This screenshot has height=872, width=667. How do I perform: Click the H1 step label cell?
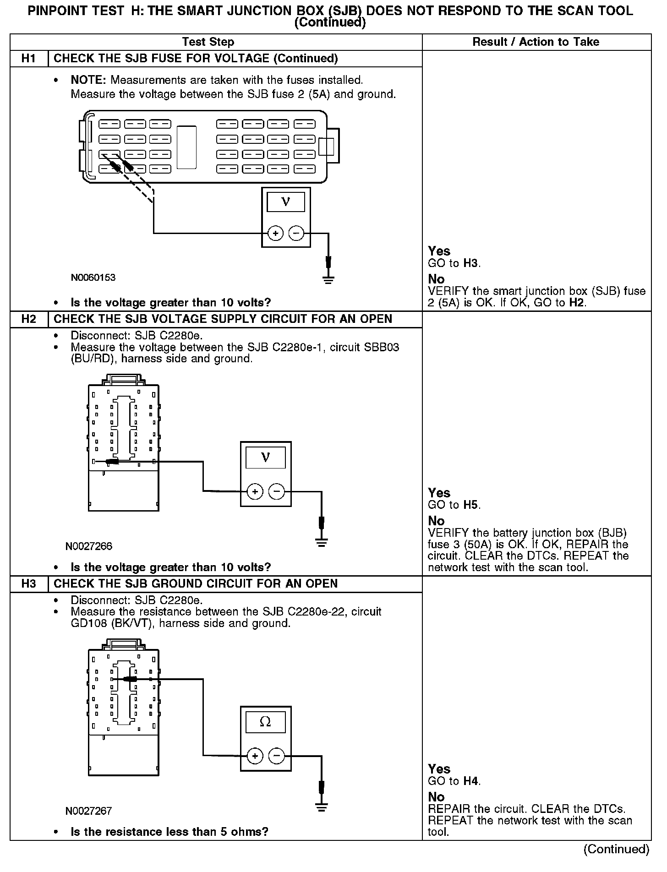click(28, 59)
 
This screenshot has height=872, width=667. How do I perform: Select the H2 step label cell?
click(28, 319)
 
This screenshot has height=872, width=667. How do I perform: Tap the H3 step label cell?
click(28, 583)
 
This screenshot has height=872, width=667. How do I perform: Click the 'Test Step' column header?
click(208, 42)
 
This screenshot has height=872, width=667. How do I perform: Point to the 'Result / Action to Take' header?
click(536, 42)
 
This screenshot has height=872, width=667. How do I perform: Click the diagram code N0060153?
click(93, 278)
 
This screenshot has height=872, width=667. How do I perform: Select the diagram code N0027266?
click(88, 546)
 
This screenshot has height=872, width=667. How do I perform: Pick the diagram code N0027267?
click(88, 811)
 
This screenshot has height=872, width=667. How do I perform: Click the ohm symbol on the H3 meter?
click(265, 722)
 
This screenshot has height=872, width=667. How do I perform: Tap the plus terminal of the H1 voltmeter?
click(275, 234)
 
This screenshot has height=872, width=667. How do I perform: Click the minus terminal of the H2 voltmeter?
click(276, 492)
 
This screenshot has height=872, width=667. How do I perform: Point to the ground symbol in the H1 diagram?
click(328, 279)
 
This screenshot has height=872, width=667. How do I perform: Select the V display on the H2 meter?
click(265, 457)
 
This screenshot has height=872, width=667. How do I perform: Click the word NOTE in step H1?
click(88, 80)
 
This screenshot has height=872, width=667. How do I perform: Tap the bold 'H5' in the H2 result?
click(471, 505)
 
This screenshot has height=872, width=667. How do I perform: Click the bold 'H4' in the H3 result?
click(471, 781)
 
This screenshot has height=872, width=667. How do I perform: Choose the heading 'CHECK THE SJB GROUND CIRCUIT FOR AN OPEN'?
click(196, 583)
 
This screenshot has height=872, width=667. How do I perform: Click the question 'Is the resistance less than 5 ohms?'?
click(169, 832)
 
